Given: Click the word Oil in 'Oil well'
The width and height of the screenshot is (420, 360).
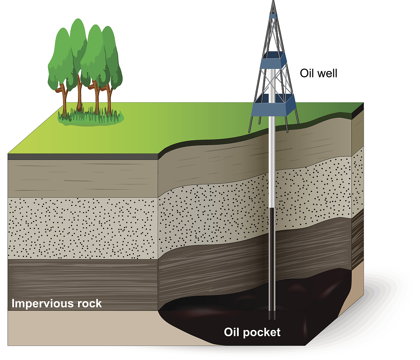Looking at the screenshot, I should tap(307, 73).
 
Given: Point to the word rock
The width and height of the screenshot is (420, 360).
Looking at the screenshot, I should tap(90, 303).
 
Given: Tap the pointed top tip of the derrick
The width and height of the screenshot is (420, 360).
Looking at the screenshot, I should tap(273, 1).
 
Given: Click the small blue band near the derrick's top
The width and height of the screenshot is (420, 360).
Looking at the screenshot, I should tap(273, 16).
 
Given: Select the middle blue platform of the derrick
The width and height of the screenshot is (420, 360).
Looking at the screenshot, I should tap(273, 62).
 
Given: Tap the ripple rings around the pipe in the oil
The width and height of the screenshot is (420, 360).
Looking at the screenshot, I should tap(263, 309).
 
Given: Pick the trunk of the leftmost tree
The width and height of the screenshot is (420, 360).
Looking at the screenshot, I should tap(64, 101).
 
